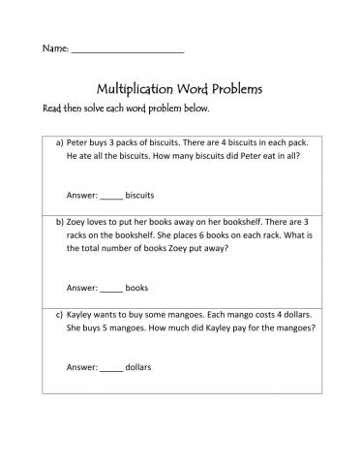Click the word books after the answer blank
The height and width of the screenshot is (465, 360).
click(137, 287)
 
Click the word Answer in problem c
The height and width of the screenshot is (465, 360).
click(80, 367)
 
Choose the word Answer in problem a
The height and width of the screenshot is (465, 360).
click(80, 193)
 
